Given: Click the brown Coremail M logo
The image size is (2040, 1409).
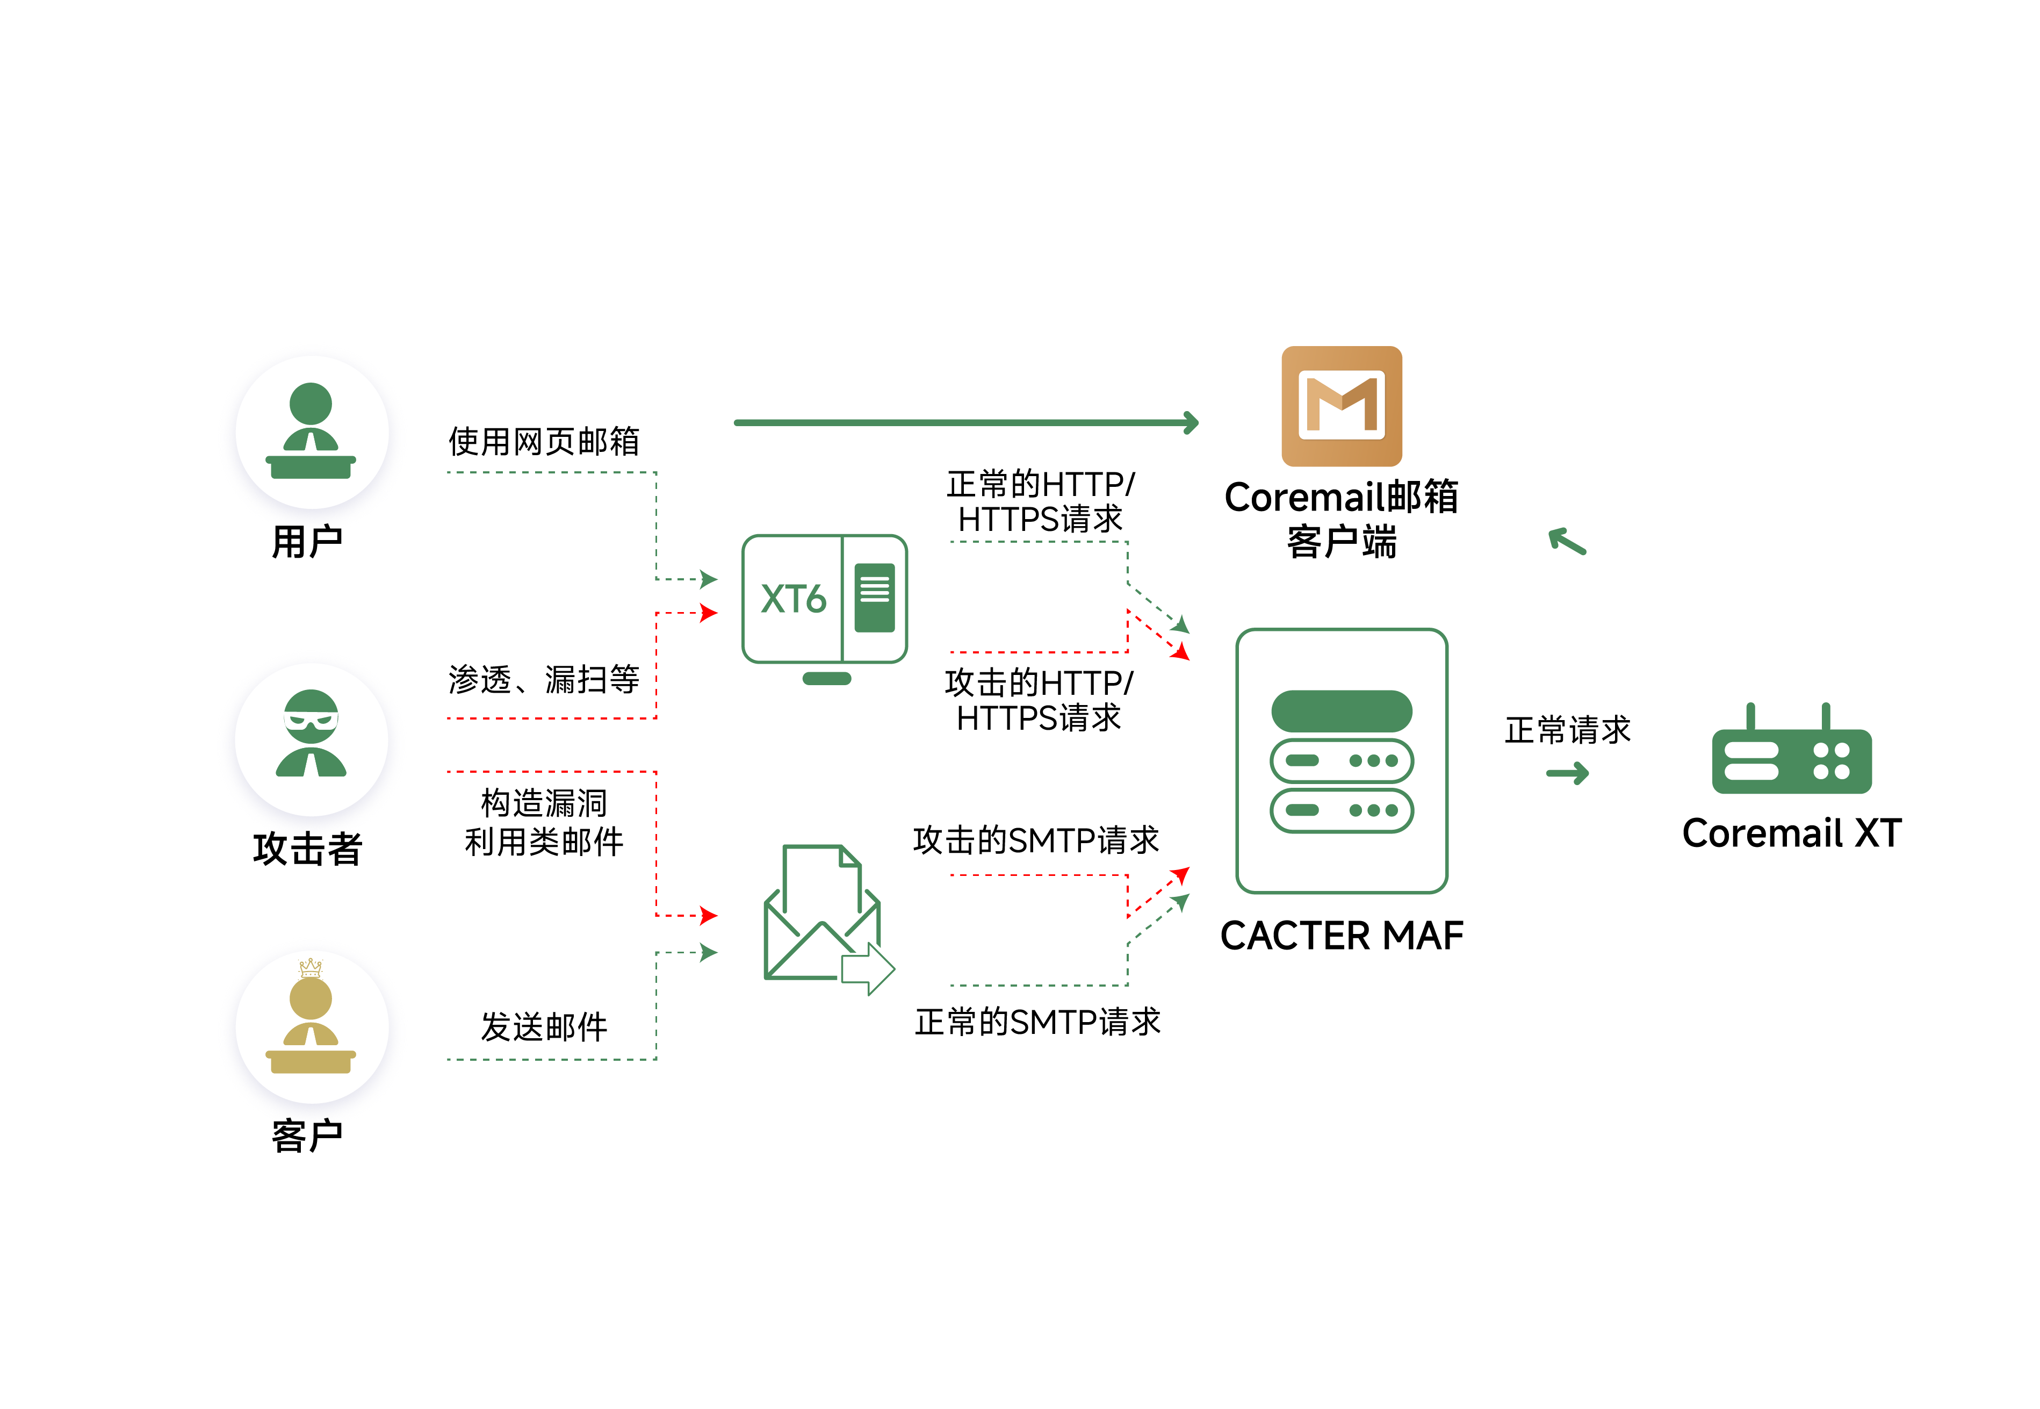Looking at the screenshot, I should [1341, 406].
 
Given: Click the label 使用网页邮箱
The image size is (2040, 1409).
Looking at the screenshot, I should [544, 441].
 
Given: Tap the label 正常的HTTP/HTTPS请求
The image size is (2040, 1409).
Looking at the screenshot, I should [1040, 501].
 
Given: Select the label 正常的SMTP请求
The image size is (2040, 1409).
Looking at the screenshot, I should [1037, 1022].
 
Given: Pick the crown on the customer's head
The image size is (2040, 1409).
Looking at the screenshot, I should [311, 967].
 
